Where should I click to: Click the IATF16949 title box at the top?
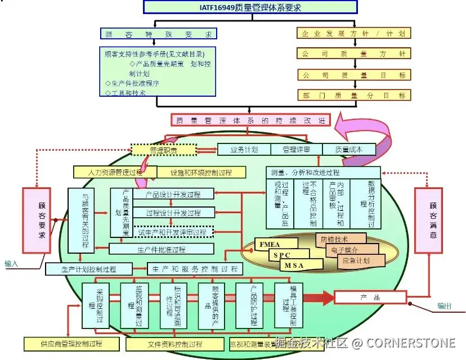(250, 7)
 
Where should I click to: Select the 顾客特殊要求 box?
(158, 34)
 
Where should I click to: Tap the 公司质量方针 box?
(353, 54)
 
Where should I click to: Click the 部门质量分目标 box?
(353, 95)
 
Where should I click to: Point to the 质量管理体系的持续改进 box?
(250, 120)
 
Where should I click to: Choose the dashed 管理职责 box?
(163, 150)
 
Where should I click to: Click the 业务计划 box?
(244, 150)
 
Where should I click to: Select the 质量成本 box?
(349, 150)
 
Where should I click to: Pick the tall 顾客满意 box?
(433, 220)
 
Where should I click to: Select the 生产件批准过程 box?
(162, 249)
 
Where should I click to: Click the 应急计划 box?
(356, 260)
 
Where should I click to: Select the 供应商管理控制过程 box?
(71, 343)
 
